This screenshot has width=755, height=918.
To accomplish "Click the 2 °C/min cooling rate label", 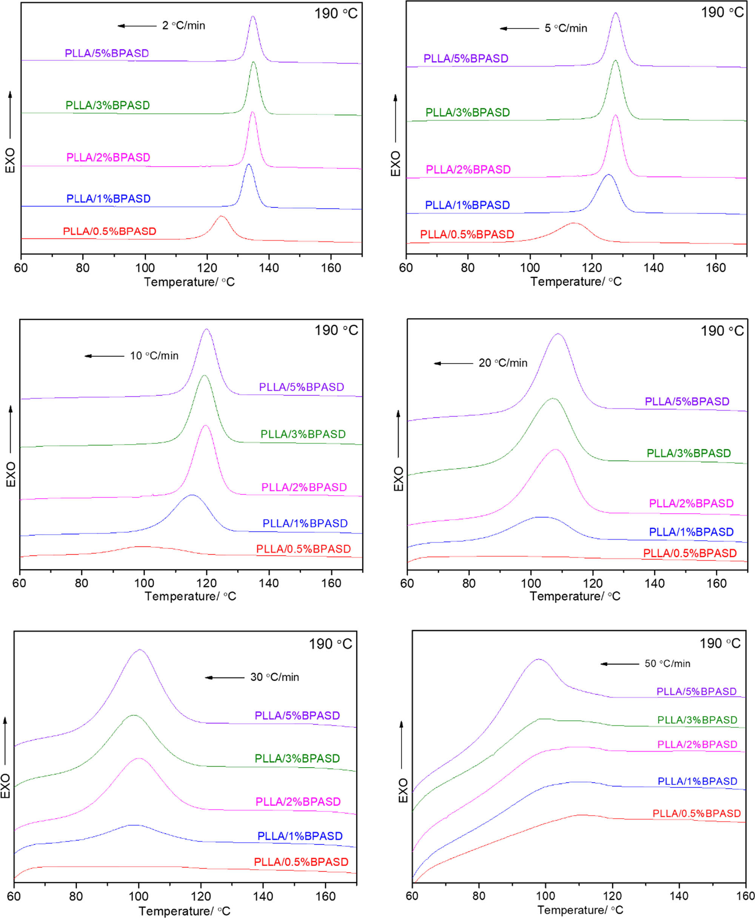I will (183, 26).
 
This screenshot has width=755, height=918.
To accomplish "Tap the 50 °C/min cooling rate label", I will (667, 664).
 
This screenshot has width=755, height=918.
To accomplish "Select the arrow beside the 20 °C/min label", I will (453, 363).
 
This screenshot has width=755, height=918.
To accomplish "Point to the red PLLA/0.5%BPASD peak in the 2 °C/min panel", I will (221, 216).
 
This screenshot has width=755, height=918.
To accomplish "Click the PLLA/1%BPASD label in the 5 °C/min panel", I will (467, 205).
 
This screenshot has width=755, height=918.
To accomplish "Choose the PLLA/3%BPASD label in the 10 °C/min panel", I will (303, 434).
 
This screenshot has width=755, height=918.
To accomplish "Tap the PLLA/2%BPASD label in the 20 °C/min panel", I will (691, 503).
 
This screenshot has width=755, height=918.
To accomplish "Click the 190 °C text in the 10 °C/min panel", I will (336, 331).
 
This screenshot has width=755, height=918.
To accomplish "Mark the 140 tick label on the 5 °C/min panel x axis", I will (654, 268).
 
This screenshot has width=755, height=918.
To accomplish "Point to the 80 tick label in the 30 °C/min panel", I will (76, 896).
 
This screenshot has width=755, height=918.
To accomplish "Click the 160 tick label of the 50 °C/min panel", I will (745, 896).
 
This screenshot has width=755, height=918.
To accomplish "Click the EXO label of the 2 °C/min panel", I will (10, 160).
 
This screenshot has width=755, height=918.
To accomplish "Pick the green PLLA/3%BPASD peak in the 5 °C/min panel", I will (615, 60).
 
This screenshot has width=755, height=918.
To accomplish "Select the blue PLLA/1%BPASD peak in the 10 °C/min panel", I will (192, 495).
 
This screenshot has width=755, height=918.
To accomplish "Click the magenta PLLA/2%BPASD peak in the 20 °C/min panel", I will (555, 449).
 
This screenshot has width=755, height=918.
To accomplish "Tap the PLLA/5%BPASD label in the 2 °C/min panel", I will (106, 54).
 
